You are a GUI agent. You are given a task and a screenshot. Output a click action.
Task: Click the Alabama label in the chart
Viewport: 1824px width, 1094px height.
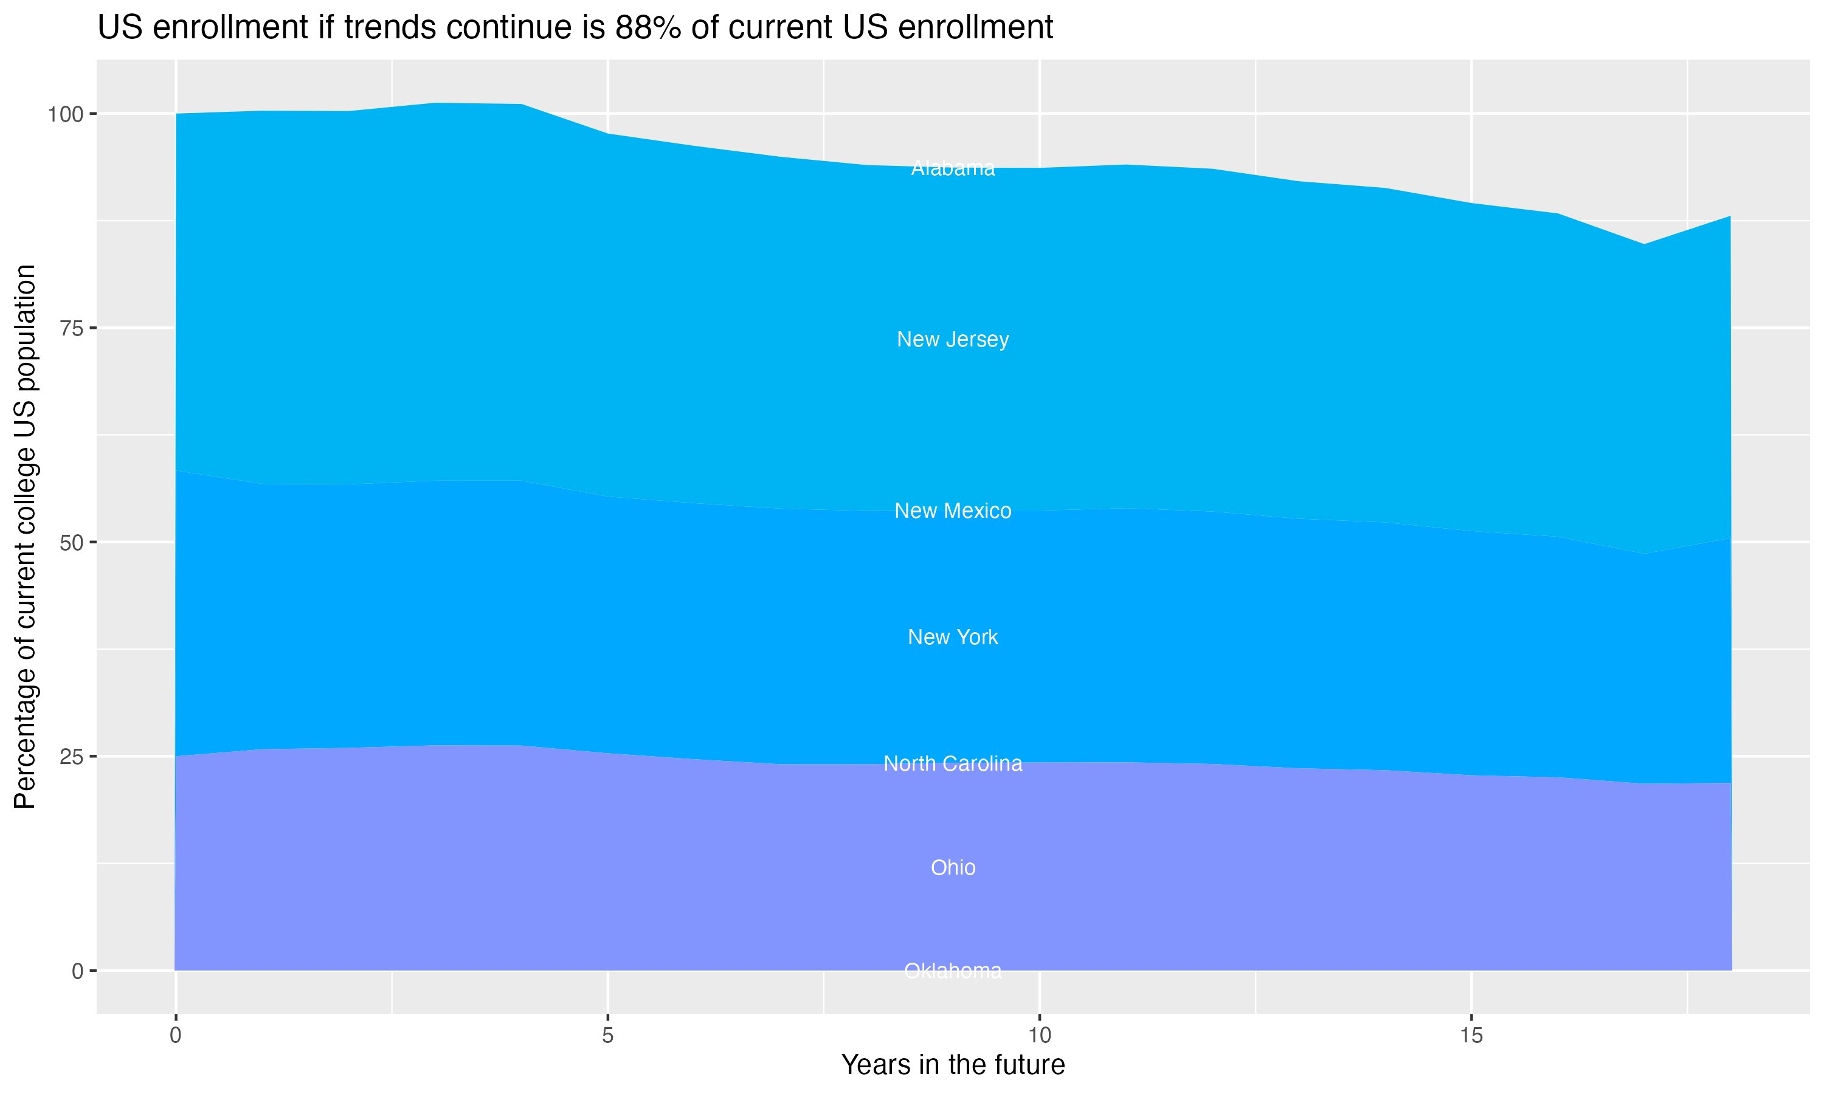click(x=953, y=168)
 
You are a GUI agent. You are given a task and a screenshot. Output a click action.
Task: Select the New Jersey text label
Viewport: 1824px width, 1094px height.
click(x=953, y=339)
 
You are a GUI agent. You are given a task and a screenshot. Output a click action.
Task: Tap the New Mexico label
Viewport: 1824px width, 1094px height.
click(x=953, y=510)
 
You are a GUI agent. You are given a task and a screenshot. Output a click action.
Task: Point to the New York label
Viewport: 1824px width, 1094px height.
click(x=953, y=637)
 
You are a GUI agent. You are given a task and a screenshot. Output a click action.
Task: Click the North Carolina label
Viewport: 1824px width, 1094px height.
click(x=953, y=764)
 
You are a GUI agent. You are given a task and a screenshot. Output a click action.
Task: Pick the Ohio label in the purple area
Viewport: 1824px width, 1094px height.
click(x=953, y=868)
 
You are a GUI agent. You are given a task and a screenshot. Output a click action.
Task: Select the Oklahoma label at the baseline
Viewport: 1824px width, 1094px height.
click(x=953, y=971)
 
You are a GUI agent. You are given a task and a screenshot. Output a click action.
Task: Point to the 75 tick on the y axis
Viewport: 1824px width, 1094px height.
click(x=72, y=328)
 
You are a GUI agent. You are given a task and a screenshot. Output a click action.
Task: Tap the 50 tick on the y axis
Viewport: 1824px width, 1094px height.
click(x=72, y=543)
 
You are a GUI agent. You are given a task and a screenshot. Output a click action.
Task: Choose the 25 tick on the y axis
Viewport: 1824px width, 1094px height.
click(x=72, y=756)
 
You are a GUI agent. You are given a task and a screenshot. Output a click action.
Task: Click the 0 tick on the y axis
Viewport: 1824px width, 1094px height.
click(x=77, y=971)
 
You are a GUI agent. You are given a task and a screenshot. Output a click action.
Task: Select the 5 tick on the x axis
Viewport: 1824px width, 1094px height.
click(x=607, y=1036)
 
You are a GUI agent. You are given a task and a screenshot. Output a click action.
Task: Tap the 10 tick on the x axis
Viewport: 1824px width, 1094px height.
click(x=1039, y=1036)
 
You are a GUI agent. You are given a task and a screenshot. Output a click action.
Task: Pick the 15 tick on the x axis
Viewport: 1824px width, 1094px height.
click(x=1471, y=1036)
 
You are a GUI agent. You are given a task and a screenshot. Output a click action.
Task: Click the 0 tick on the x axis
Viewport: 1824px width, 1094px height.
click(x=176, y=1036)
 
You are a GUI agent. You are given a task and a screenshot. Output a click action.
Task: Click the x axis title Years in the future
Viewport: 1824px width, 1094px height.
click(x=953, y=1064)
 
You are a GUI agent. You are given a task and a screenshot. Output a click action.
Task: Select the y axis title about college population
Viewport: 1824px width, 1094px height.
click(x=25, y=536)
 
